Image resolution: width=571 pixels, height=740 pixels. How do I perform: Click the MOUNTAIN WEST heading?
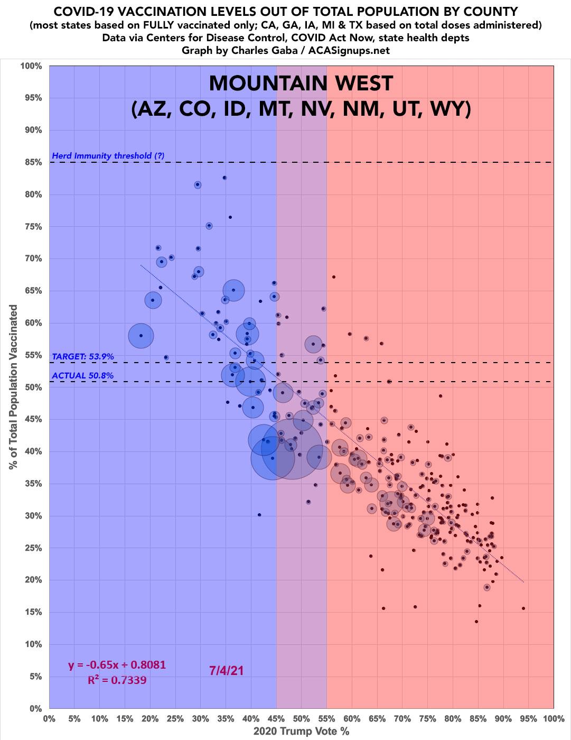point(301,84)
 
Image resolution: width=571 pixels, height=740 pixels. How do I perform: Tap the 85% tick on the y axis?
point(31,162)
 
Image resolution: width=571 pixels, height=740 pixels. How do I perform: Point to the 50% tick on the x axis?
point(301,719)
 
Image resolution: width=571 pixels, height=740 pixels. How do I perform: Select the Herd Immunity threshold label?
point(108,156)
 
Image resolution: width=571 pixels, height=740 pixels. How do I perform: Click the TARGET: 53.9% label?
point(83,357)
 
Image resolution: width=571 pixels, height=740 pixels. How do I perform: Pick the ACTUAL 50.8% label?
point(82,376)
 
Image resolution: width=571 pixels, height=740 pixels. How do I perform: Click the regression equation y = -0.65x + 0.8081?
point(117,665)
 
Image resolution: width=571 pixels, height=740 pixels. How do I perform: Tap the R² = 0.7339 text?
point(117,680)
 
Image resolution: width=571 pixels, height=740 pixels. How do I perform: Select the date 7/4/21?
point(227,671)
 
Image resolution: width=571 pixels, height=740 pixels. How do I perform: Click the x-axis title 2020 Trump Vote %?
point(301,732)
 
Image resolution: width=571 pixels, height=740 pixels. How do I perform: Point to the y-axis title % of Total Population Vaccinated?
point(13,387)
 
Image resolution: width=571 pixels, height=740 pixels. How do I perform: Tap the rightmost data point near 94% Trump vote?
point(523,608)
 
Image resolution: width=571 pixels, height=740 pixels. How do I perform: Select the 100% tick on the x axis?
point(553,719)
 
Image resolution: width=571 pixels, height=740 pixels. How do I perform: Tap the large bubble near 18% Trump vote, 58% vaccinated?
point(141,336)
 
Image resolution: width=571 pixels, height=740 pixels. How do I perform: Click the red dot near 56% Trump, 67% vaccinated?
point(333,277)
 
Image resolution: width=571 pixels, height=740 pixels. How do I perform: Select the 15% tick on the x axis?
point(125,719)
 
